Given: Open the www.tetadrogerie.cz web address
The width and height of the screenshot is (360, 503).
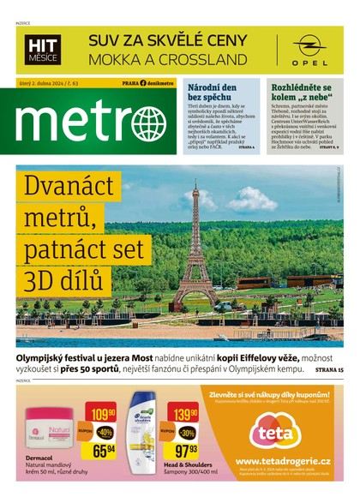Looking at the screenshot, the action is point(282,460).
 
